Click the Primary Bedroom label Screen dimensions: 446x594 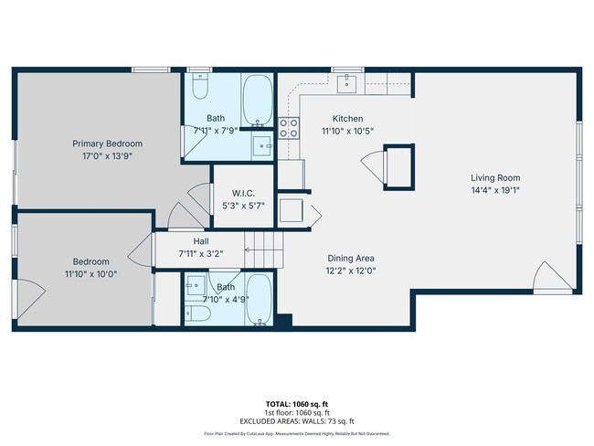point(107,143)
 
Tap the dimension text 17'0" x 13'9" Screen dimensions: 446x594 point(107,157)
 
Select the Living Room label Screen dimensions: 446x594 point(495,177)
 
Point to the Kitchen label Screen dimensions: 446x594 point(347,119)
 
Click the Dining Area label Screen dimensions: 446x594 point(350,258)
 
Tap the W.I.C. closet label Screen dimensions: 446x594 point(242,193)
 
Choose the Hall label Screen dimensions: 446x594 point(201,240)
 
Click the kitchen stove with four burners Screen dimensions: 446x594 point(290,128)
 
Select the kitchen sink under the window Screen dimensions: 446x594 point(346,84)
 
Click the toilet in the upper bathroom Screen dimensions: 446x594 point(202,89)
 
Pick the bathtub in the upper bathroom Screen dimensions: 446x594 point(257,100)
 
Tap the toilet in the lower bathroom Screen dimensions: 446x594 point(199,313)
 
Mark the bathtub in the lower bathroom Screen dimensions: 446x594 point(258,299)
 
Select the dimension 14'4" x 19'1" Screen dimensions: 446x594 point(495,191)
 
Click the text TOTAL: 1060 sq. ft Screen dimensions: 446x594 point(296,403)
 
